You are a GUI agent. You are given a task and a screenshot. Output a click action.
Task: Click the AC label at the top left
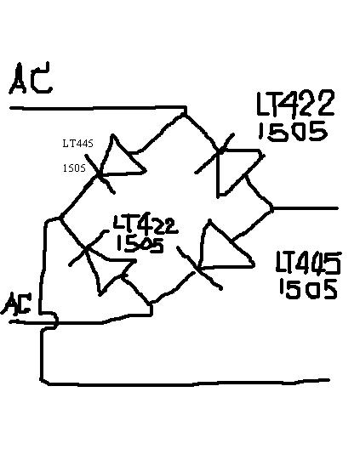(31, 78)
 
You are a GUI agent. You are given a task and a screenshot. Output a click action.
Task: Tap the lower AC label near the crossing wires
(16, 304)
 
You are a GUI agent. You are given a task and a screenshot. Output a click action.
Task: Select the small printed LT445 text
(77, 143)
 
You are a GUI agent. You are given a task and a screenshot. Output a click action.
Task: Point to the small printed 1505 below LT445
(74, 168)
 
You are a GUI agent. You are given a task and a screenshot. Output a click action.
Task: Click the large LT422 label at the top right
(295, 103)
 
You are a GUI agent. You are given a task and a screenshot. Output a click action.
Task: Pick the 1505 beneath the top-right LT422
(293, 132)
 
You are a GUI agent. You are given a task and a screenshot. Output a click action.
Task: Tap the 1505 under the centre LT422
(140, 244)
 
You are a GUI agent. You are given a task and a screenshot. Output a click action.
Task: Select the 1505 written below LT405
(308, 289)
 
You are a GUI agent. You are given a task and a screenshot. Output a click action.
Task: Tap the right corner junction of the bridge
(271, 208)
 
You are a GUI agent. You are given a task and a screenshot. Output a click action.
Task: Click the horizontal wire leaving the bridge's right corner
(305, 208)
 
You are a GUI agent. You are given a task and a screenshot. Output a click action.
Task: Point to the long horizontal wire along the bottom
(188, 383)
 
